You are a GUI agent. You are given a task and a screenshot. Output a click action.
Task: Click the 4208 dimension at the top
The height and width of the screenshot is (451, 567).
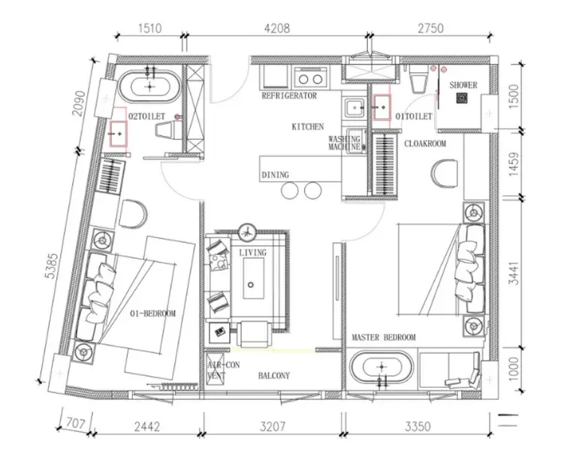tap(277, 28)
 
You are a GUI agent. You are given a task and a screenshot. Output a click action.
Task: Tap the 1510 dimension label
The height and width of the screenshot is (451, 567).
tap(149, 28)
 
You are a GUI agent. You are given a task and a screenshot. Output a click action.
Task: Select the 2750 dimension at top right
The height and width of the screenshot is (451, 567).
tap(430, 28)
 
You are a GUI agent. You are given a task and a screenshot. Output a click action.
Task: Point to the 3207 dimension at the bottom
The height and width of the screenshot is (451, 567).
tap(273, 427)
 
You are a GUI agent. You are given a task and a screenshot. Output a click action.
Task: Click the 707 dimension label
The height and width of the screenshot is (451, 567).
tap(76, 423)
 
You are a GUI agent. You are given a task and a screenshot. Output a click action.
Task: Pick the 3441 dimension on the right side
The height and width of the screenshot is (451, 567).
tap(514, 273)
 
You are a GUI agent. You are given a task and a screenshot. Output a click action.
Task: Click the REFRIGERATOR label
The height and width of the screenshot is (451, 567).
tap(289, 95)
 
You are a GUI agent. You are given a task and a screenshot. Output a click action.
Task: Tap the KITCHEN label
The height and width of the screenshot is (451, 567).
tap(308, 127)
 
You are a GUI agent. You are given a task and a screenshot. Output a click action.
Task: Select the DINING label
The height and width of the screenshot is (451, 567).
tap(275, 175)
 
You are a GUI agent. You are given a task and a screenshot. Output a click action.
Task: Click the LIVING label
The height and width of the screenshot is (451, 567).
tap(253, 253)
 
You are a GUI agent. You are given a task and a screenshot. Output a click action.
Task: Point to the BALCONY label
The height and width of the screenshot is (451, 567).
tap(273, 376)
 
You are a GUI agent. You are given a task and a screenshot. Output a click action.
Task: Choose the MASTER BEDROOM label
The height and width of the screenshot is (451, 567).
tap(384, 337)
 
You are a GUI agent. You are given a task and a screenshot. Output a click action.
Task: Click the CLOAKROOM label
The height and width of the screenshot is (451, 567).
tap(425, 144)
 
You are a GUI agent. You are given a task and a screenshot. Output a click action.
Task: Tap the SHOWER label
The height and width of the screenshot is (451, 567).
tap(463, 85)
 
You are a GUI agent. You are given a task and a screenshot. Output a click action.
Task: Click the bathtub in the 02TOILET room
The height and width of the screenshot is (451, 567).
tap(149, 86)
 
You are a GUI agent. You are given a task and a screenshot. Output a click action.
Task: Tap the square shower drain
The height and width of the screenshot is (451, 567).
tap(461, 98)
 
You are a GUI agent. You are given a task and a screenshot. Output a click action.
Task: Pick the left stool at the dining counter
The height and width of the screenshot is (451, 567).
tap(290, 190)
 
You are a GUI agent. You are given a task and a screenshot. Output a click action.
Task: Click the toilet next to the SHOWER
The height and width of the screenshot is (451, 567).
tap(419, 78)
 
